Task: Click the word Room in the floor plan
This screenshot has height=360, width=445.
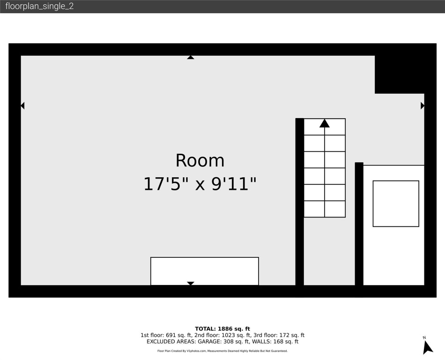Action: pyautogui.click(x=200, y=161)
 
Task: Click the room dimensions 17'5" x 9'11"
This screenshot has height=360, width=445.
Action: pyautogui.click(x=200, y=184)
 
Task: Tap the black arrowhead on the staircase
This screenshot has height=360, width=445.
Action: pyautogui.click(x=325, y=123)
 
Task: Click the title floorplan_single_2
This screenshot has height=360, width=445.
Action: pyautogui.click(x=39, y=7)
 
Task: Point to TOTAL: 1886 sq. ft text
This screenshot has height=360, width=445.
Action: pyautogui.click(x=222, y=329)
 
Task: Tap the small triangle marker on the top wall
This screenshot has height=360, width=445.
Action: pyautogui.click(x=190, y=57)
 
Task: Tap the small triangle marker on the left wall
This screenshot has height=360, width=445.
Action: pyautogui.click(x=22, y=106)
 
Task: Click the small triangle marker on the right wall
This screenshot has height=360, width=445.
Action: pyautogui.click(x=423, y=106)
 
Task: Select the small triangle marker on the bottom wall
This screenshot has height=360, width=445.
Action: pyautogui.click(x=190, y=283)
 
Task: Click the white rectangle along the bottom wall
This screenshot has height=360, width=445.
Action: pyautogui.click(x=204, y=270)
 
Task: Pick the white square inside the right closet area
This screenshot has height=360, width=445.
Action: pyautogui.click(x=396, y=203)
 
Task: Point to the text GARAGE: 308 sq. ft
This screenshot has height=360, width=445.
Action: pyautogui.click(x=220, y=342)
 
